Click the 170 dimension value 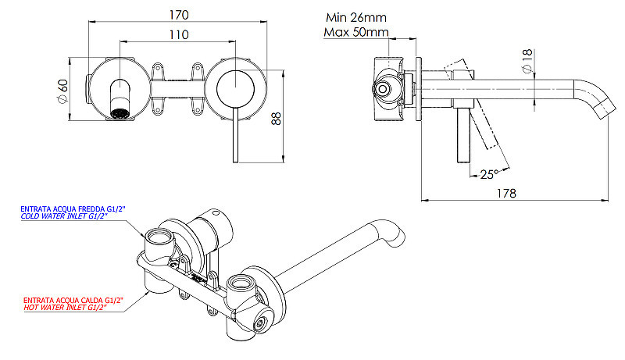pyautogui.click(x=179, y=15)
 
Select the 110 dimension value pyautogui.click(x=179, y=34)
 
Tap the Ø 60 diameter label pyautogui.click(x=63, y=91)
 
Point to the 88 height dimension pyautogui.click(x=276, y=119)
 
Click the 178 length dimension pyautogui.click(x=506, y=193)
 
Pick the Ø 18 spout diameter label pyautogui.click(x=527, y=61)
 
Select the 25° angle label pyautogui.click(x=489, y=174)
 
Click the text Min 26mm pyautogui.click(x=356, y=17)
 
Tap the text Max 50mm pyautogui.click(x=356, y=32)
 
